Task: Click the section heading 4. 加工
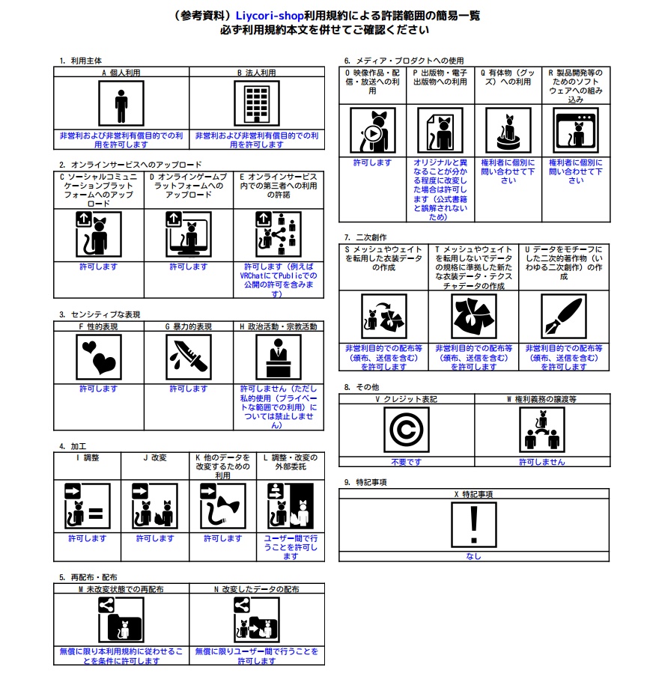[73, 446]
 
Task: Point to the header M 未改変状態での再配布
[121, 589]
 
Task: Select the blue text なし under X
[473, 556]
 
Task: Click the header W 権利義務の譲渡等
[541, 400]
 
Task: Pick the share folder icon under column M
[121, 620]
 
